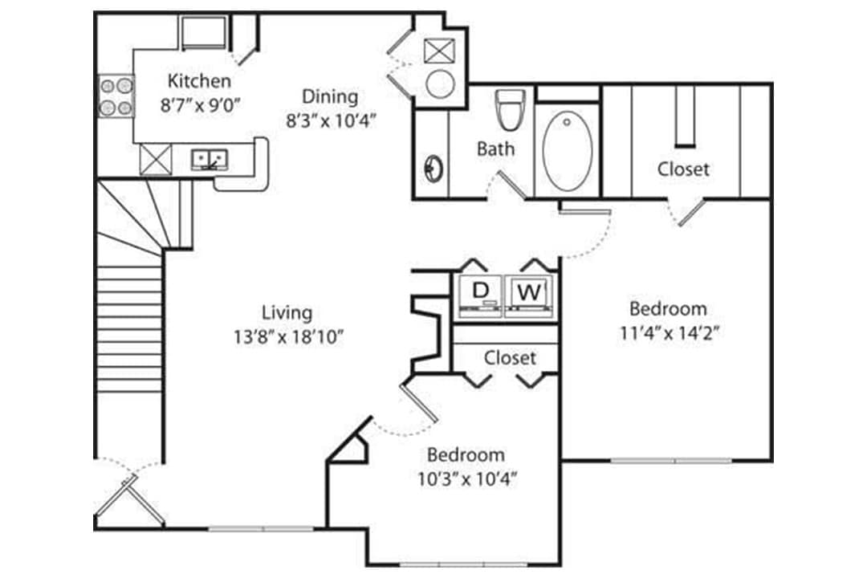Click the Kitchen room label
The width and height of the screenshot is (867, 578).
point(199,81)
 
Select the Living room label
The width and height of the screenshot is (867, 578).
point(287,312)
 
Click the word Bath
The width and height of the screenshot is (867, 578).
point(495,149)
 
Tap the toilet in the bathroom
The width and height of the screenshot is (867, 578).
point(509,110)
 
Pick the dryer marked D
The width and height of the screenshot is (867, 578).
point(480,291)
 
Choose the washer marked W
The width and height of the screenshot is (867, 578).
point(527,292)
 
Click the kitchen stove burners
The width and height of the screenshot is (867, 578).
point(115,96)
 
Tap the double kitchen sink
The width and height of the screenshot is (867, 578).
point(210,159)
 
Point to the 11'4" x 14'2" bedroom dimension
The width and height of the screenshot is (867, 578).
point(668,332)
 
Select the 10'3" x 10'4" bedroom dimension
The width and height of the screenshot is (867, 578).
point(466,479)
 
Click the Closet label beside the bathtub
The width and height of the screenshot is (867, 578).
point(683,169)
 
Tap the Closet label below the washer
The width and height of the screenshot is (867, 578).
point(510,357)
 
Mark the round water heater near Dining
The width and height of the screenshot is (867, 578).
point(441,83)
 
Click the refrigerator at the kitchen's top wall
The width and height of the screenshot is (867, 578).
point(203,32)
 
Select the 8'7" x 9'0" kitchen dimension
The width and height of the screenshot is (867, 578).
point(200,104)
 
